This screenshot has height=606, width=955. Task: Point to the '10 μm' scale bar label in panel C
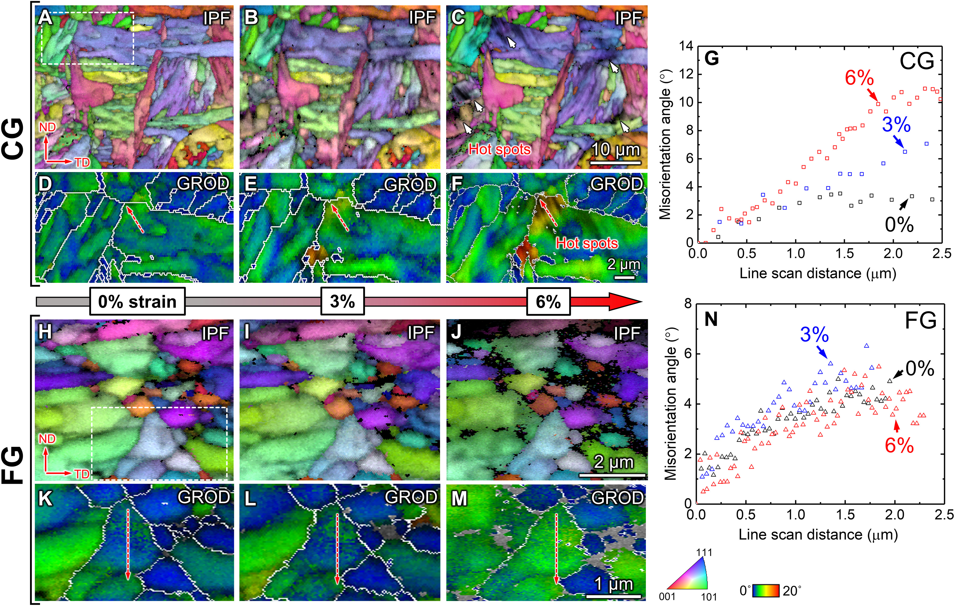(x=615, y=150)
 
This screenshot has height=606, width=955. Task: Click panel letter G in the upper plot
(x=712, y=58)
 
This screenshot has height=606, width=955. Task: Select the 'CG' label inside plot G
(x=917, y=62)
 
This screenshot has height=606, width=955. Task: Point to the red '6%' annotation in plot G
(x=859, y=78)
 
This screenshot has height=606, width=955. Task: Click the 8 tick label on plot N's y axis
(x=688, y=304)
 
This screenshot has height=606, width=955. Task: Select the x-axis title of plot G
(x=818, y=274)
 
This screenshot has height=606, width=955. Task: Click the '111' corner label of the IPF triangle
(x=704, y=552)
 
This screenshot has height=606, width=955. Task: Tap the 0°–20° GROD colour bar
(x=766, y=591)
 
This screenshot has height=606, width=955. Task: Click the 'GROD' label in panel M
(x=617, y=498)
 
